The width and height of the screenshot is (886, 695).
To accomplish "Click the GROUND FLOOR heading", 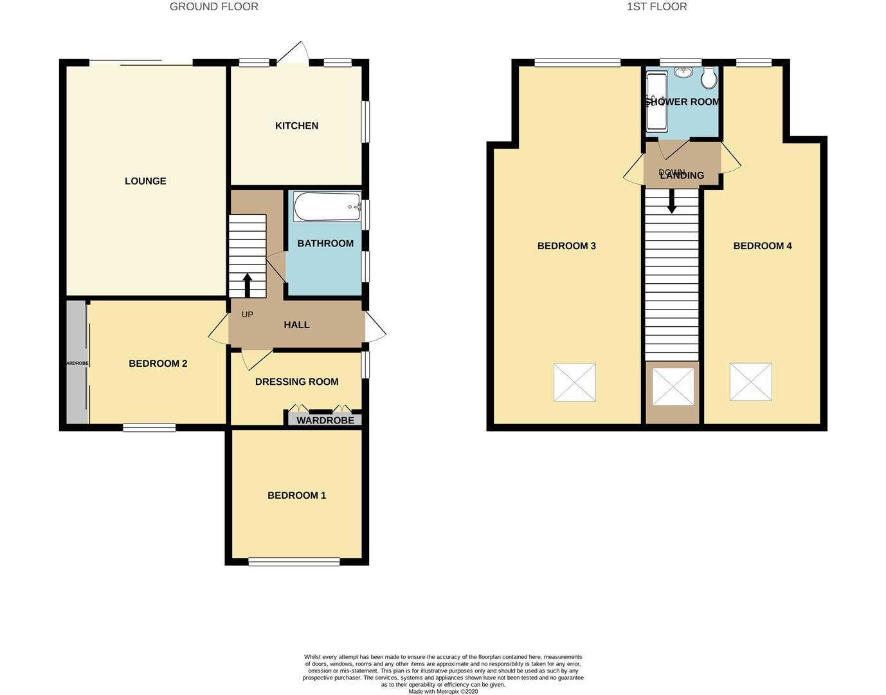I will click(213, 7).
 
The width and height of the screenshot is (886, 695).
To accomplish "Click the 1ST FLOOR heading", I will click(656, 7).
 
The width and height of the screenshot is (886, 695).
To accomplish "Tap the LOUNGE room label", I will click(145, 181).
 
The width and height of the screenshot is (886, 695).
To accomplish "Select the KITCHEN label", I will click(296, 126).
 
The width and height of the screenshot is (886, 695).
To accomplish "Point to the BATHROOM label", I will click(325, 244).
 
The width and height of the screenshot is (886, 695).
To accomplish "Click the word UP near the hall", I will click(248, 315).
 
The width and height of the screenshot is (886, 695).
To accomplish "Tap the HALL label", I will click(296, 325).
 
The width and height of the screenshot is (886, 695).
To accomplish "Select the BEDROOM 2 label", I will click(158, 364).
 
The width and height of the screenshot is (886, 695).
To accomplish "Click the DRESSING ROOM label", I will click(296, 382).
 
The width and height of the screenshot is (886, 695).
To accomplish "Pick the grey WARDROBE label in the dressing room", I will click(325, 420).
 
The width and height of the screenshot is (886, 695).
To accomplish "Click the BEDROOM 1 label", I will click(296, 496).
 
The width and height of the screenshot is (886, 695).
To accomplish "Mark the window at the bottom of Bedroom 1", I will click(294, 562).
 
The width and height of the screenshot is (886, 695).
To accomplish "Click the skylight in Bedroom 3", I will click(574, 382).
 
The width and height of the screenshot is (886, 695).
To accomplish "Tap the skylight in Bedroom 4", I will click(750, 382).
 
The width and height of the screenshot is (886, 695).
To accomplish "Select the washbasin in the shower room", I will click(683, 72).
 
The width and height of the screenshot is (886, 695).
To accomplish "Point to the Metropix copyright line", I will click(443, 692).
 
